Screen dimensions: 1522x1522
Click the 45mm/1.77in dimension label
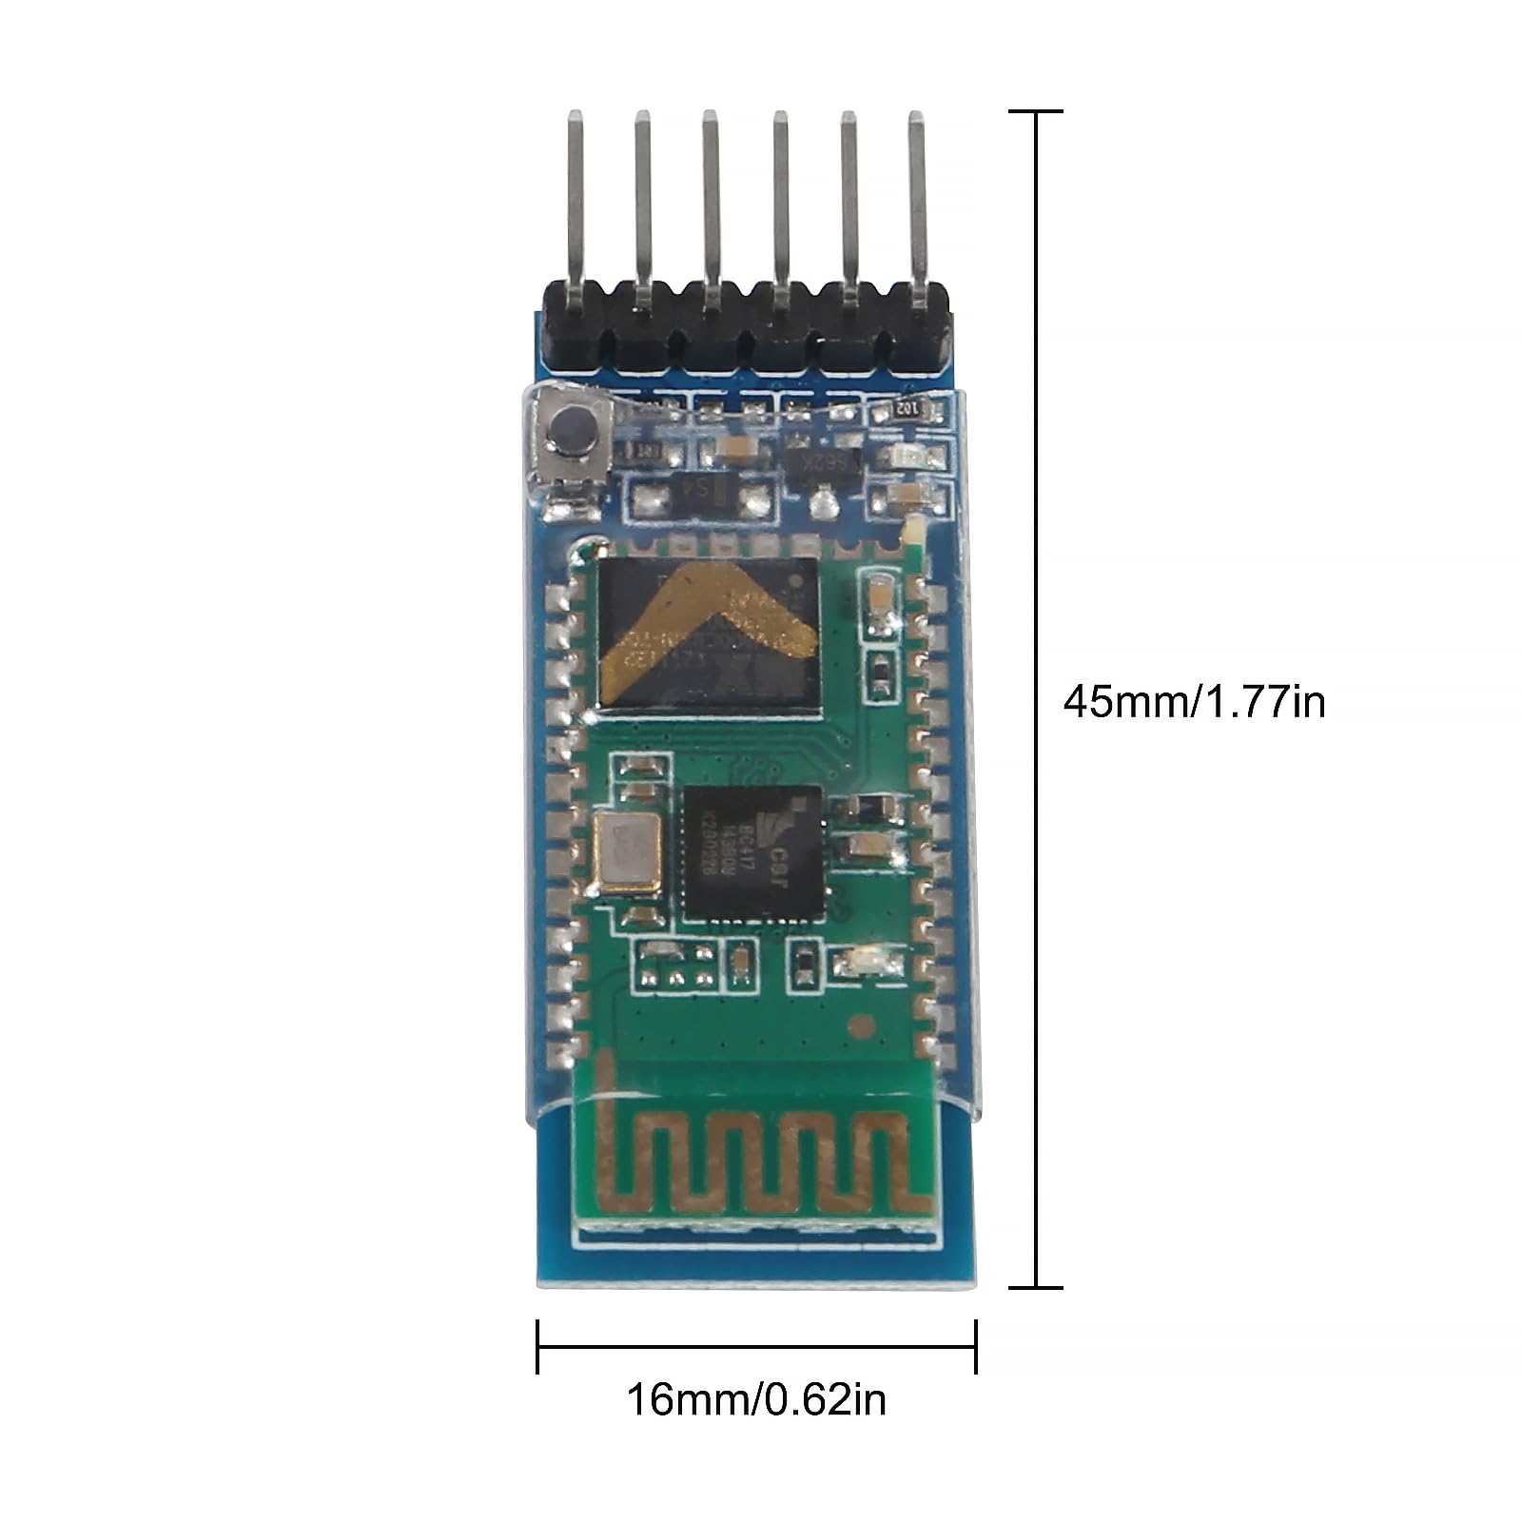(x=1193, y=703)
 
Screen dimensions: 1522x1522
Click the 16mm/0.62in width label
(x=755, y=1400)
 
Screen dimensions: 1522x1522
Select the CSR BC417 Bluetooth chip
(x=752, y=853)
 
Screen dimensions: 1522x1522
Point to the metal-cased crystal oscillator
(x=624, y=854)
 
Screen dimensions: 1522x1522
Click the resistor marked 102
(x=906, y=410)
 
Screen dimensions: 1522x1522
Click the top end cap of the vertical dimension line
(x=1035, y=111)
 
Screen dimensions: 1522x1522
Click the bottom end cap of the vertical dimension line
(x=1035, y=1287)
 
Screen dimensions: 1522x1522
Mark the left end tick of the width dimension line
(x=537, y=1346)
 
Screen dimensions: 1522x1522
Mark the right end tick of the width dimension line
(x=976, y=1346)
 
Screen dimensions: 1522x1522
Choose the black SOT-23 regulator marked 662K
(x=824, y=464)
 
